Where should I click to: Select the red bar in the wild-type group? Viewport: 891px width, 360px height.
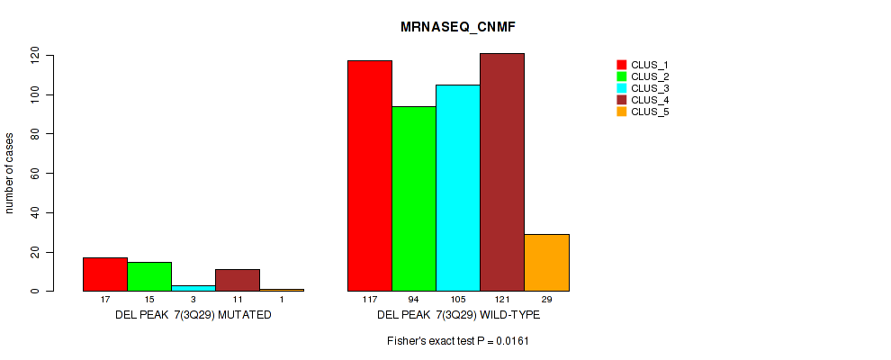(x=370, y=175)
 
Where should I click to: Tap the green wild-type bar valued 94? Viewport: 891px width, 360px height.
(x=414, y=198)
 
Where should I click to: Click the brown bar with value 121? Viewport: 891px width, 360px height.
(x=501, y=172)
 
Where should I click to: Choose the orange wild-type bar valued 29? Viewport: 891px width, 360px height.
(x=545, y=262)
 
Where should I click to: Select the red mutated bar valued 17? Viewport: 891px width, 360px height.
(x=105, y=274)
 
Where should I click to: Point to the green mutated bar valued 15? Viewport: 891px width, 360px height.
(x=149, y=276)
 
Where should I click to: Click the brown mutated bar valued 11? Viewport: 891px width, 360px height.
(x=238, y=280)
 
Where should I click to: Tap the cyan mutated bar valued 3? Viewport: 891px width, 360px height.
(x=193, y=288)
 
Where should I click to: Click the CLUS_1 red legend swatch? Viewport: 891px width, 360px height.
(x=621, y=65)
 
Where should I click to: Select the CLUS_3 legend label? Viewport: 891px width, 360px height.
(x=650, y=88)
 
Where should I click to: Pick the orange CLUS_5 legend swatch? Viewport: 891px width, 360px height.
(x=621, y=112)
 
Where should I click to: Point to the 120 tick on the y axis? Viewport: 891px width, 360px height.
(x=35, y=56)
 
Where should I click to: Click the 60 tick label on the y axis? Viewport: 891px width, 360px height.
(x=35, y=174)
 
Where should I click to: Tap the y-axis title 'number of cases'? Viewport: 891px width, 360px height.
(x=10, y=174)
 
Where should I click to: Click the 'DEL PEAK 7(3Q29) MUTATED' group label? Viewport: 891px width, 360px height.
(x=193, y=317)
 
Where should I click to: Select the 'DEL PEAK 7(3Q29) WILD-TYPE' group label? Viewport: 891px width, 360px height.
(x=458, y=317)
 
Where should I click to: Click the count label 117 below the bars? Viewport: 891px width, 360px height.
(x=370, y=300)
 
